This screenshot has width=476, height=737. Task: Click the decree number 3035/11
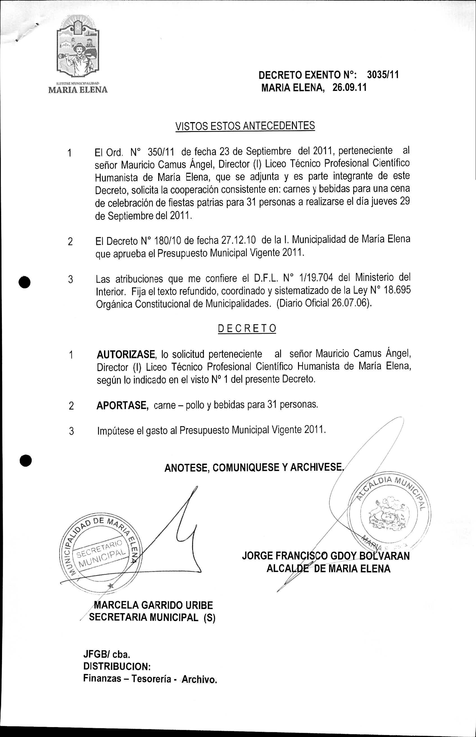383,75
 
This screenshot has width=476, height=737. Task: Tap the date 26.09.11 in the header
349,88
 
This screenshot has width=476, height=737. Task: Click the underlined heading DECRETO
247,328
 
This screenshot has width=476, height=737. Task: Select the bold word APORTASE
121,405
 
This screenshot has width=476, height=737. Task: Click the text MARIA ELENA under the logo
78,90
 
